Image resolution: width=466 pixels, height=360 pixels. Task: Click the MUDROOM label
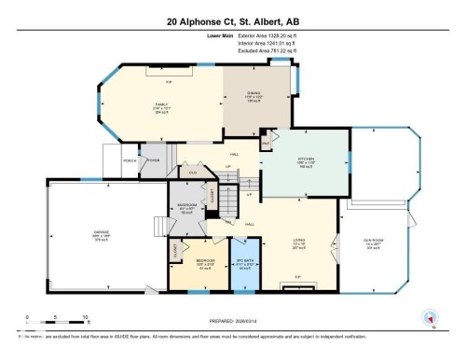coord(185,208)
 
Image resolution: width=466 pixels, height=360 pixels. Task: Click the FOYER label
coord(152,159)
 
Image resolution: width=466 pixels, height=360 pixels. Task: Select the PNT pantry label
coord(265,141)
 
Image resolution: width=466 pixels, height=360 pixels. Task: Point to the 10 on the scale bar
coord(85,316)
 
